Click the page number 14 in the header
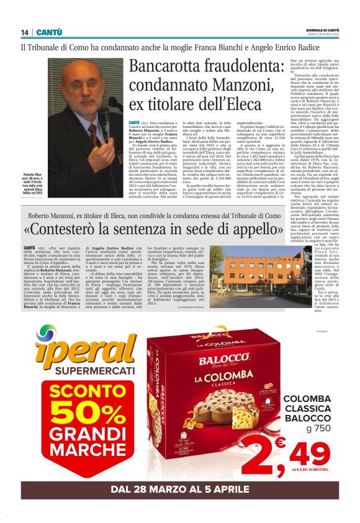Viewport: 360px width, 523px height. tap(25, 32)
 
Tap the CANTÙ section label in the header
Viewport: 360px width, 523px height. tap(49, 32)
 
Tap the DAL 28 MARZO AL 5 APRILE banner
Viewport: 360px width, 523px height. tap(180, 488)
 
